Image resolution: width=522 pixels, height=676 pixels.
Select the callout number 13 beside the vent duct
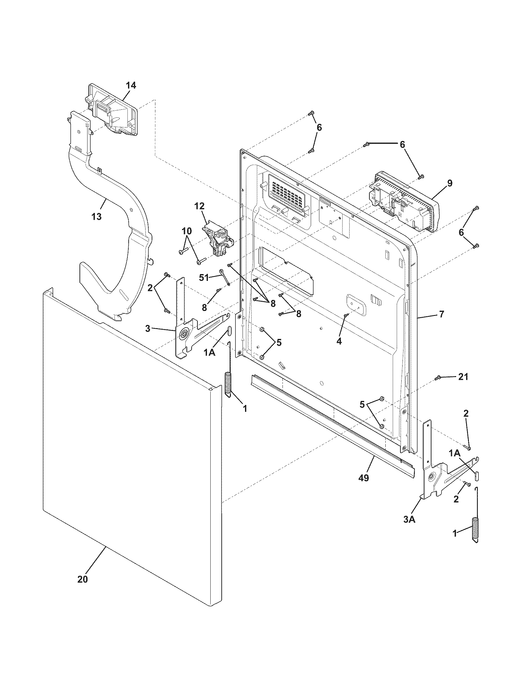coord(96,216)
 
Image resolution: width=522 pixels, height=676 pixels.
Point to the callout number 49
coord(364,478)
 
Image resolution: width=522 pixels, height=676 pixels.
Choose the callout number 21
coord(463,377)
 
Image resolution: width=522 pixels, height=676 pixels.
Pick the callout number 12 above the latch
coord(200,206)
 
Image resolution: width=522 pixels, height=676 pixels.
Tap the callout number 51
coord(204,278)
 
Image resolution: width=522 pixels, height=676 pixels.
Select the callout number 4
coord(339,341)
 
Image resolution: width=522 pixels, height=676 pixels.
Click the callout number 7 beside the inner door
coord(441,315)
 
